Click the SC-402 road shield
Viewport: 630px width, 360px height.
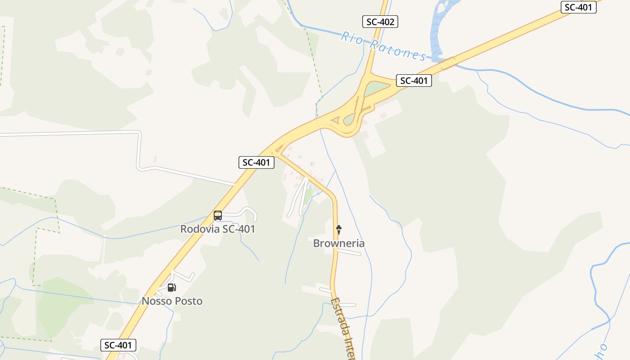380,21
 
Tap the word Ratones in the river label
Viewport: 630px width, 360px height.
398,49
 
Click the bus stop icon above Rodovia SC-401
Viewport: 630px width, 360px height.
218,216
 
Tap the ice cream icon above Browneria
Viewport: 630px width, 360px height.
339,230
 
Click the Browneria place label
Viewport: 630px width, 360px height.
339,243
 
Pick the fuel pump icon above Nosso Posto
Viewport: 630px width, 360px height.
171,288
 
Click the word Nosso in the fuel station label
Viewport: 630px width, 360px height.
156,301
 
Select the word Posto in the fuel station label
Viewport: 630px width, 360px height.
188,301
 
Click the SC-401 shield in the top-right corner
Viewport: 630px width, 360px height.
578,7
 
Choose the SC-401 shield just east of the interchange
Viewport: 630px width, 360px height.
414,81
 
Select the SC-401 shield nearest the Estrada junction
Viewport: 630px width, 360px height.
256,162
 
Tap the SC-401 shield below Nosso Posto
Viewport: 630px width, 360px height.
117,345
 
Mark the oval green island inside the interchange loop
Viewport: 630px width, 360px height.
349,120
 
